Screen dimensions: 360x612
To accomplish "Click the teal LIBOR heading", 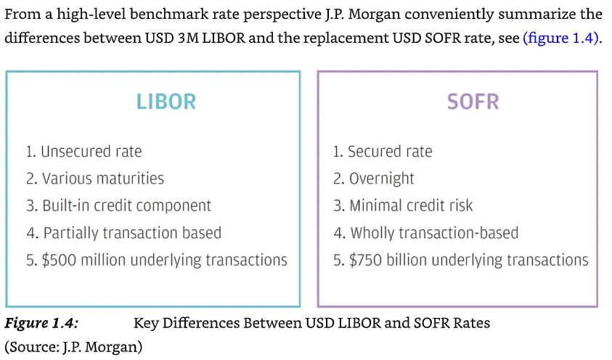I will (x=166, y=100).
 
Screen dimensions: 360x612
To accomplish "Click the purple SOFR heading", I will (x=473, y=100).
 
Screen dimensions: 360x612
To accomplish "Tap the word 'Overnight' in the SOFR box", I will (x=381, y=179).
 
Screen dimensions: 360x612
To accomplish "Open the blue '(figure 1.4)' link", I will (x=561, y=38).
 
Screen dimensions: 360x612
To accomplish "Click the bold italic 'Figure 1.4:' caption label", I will (x=41, y=322).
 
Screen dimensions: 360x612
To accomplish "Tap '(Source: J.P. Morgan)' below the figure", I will (x=73, y=347).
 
